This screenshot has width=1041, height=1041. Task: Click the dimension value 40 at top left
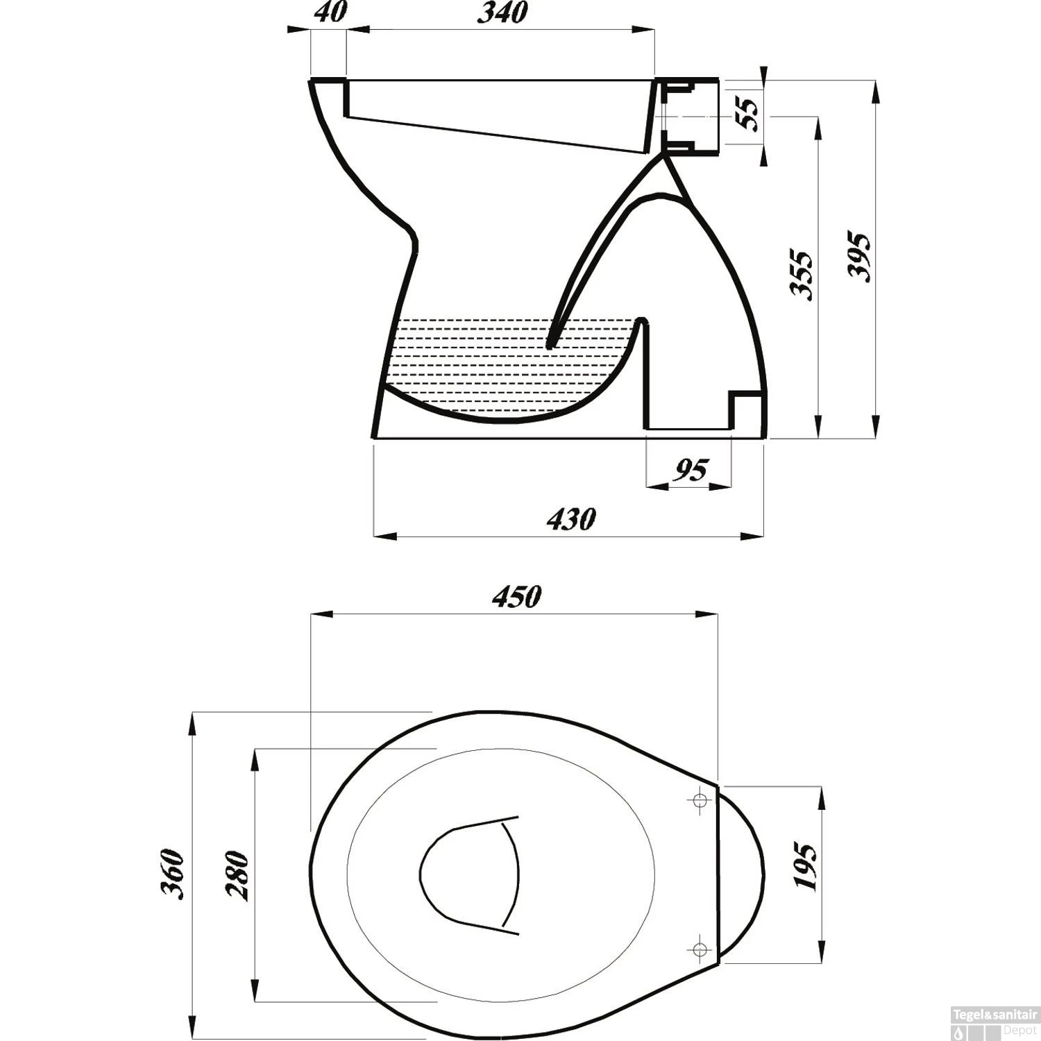click(330, 12)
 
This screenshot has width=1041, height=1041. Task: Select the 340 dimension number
click(502, 12)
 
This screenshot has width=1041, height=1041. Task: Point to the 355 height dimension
click(802, 276)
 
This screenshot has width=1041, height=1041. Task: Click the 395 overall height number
click(859, 257)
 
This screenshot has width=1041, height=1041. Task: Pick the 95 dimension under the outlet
click(691, 471)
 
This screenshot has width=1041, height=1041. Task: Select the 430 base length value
click(570, 519)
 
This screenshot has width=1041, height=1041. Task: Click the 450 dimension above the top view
click(516, 598)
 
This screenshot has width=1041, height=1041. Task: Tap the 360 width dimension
click(173, 874)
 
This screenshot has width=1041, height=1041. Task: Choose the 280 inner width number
click(238, 875)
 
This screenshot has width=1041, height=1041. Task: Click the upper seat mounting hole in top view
click(700, 801)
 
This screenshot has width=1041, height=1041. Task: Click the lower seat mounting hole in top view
click(700, 948)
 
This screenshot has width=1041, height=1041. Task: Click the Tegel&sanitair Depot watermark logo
click(994, 1023)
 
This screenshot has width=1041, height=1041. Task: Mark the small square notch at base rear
click(746, 409)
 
